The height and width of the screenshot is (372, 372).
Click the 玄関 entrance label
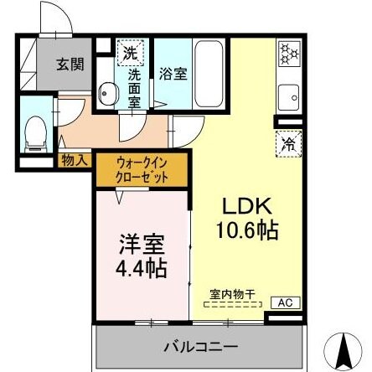coord(69,63)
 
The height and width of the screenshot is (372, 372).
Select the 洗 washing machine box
coord(130,53)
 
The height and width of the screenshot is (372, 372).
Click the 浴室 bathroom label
coord(173,73)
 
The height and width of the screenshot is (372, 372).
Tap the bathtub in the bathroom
coord(209,75)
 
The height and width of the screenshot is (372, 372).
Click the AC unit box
coord(283,302)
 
